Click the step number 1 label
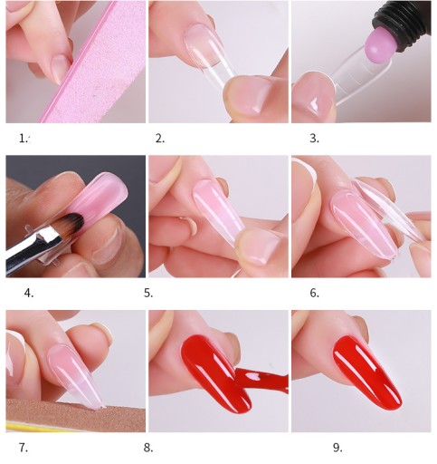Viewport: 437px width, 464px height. point(24,139)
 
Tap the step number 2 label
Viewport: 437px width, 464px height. point(160,139)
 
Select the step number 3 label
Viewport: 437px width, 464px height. point(314,139)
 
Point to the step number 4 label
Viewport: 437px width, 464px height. point(29,293)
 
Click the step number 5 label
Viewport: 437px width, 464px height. point(148,293)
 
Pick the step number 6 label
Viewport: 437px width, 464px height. point(314,293)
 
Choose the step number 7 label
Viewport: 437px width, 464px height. point(24,448)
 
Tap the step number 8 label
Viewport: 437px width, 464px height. point(148,448)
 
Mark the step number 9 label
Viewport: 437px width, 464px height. point(337,448)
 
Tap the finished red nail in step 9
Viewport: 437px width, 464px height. point(367,373)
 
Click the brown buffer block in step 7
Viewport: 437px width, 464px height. point(75,415)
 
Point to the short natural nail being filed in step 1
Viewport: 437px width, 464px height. point(61,69)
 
